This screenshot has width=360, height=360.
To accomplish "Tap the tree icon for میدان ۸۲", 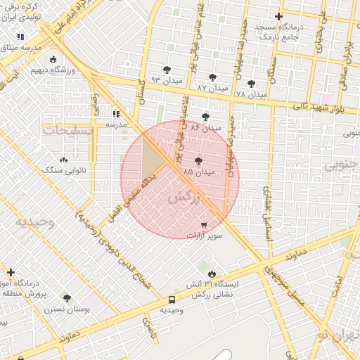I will click(205, 117).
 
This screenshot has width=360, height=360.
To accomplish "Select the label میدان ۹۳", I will click(163, 80).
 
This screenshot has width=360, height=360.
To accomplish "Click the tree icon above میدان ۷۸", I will click(251, 83).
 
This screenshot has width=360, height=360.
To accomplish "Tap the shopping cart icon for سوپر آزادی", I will click(204, 225).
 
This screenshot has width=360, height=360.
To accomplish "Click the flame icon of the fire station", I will click(212, 274).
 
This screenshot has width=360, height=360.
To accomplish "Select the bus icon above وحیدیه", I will click(172, 300).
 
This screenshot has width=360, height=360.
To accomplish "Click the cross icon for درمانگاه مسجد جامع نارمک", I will click(279, 16).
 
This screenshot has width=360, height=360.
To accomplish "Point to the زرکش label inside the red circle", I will click(181, 198).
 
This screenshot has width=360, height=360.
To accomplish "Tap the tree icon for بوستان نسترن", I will click(67, 298).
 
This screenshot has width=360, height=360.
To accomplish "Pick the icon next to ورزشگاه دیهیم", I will click(53, 60).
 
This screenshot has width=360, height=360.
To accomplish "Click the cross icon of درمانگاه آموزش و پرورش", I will click(11, 272).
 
